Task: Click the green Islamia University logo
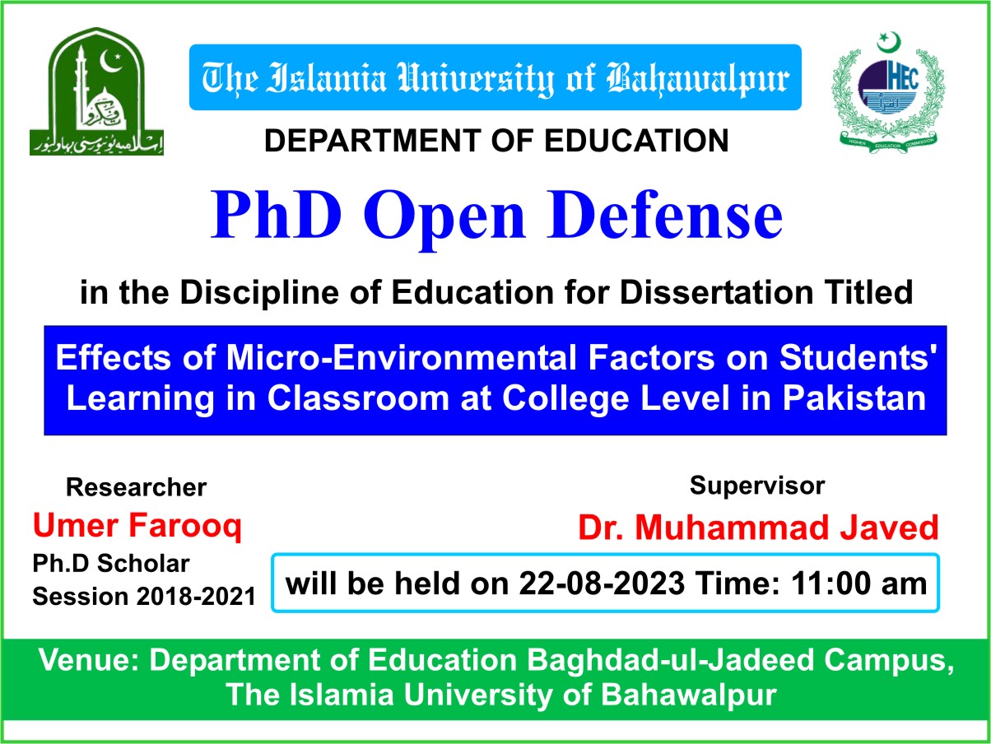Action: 96,91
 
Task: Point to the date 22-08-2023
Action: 601,584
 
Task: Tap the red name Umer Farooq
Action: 137,525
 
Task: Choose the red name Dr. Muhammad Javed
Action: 758,527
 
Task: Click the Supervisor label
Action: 756,485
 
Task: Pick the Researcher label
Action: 136,487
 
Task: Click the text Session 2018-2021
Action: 144,596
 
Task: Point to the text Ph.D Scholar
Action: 111,565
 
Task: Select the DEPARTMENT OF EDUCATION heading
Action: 496,141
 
